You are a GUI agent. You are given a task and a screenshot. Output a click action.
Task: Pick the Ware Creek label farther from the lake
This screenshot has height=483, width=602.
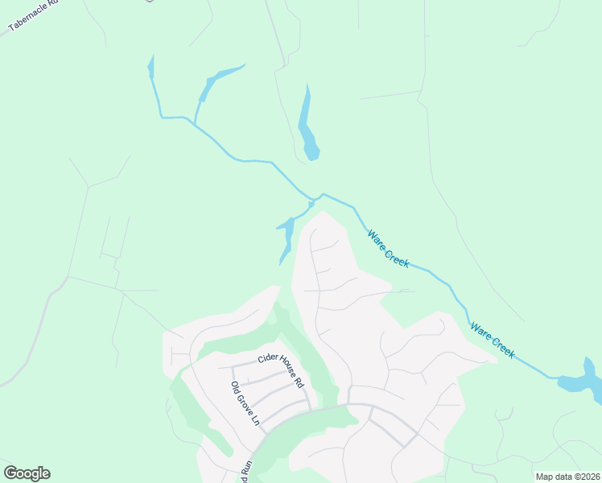[389, 249]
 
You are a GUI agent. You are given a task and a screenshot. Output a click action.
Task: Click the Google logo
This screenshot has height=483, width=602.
[27, 473]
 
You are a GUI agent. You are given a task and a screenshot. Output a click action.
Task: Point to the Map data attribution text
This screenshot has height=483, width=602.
[567, 477]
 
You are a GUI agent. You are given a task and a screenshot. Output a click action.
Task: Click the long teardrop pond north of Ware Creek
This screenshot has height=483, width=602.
[307, 129]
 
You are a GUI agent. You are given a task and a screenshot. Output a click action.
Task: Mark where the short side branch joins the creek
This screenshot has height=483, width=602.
[194, 121]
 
